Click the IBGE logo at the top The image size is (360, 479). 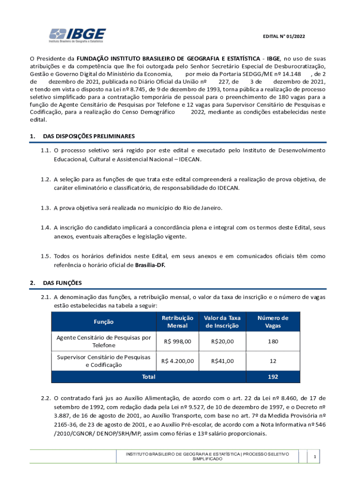(x=78, y=35)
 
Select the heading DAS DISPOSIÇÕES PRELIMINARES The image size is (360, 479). (x=89, y=136)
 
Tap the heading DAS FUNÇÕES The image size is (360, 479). (x=62, y=283)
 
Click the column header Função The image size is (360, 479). (x=103, y=322)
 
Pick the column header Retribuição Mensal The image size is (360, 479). (x=177, y=322)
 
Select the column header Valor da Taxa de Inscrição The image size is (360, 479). (x=222, y=322)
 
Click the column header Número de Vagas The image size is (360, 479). (x=273, y=322)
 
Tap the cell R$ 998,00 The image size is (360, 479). (x=177, y=341)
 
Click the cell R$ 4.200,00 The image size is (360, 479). (x=177, y=361)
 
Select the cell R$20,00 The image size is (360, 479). (x=222, y=341)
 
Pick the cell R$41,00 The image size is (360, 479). (x=222, y=361)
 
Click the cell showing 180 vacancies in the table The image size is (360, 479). (x=273, y=341)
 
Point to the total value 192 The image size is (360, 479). (x=273, y=376)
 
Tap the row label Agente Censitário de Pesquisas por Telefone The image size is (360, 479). (x=103, y=341)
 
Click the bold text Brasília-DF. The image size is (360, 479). (x=150, y=265)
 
